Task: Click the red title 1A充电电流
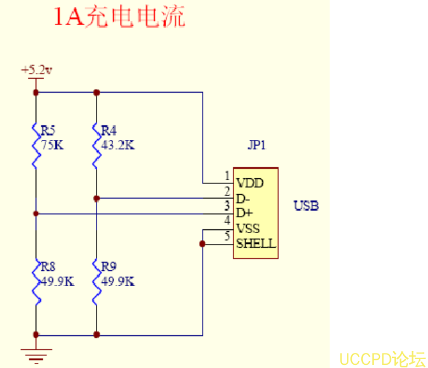[x=119, y=17]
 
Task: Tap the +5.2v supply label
[x=36, y=70]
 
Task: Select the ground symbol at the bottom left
[x=36, y=357]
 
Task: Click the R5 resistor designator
[x=49, y=130]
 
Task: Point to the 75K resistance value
[x=52, y=145]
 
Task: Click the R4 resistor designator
[x=109, y=130]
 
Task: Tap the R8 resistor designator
[x=49, y=267]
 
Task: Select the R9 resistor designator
[x=109, y=267]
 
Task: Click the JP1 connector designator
[x=256, y=146]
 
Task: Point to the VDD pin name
[x=249, y=183]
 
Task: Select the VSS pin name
[x=248, y=228]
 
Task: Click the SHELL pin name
[x=256, y=243]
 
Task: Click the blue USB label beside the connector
[x=306, y=206]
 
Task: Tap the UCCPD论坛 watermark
[x=383, y=359]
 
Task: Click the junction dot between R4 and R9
[x=97, y=198]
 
